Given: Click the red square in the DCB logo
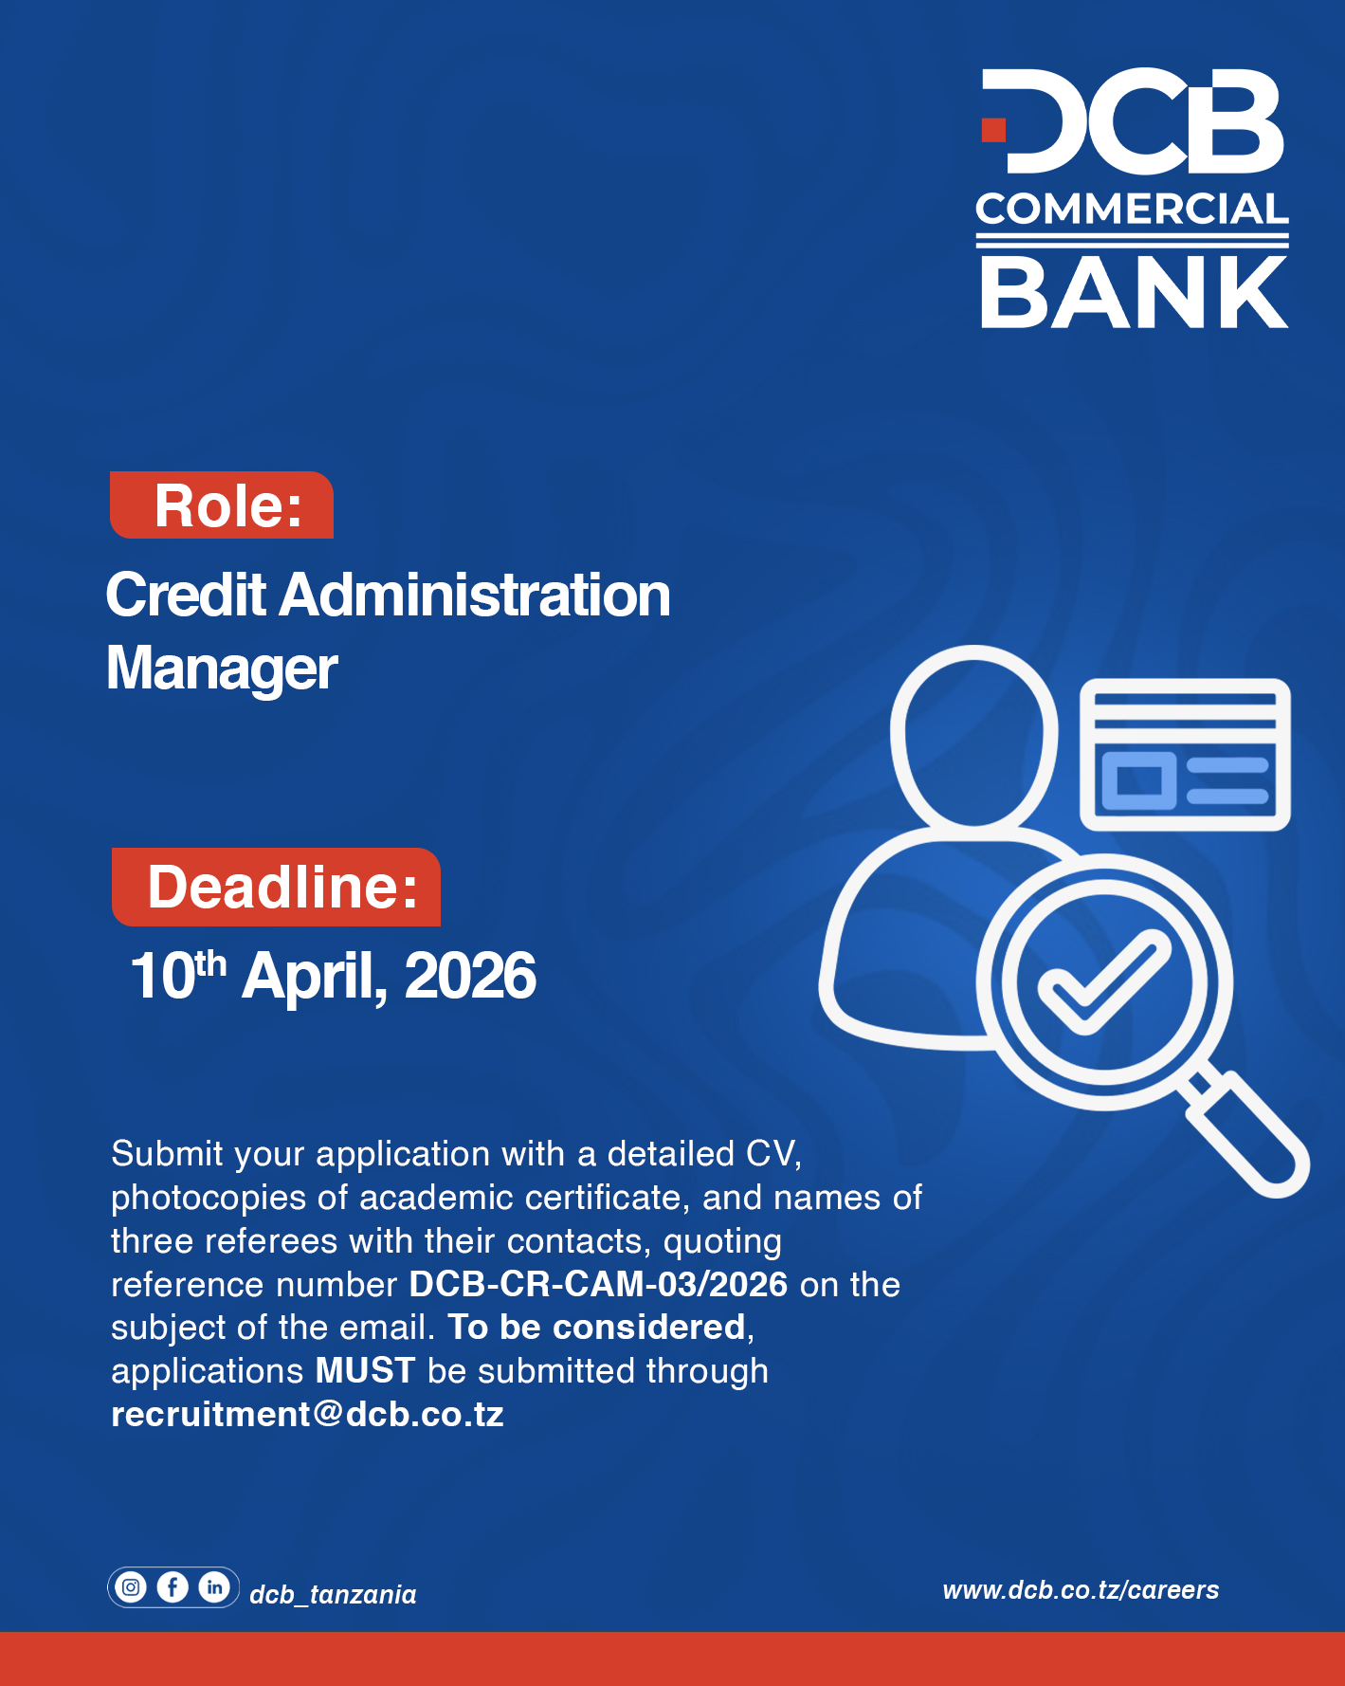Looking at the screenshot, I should [x=993, y=130].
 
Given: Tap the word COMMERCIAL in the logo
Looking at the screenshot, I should [x=1132, y=210].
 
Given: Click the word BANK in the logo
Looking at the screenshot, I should [x=1134, y=292].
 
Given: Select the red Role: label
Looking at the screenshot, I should [x=223, y=505].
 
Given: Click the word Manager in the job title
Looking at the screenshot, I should [x=222, y=669].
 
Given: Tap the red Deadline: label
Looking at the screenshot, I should [x=277, y=888].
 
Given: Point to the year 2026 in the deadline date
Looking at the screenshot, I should [x=470, y=976].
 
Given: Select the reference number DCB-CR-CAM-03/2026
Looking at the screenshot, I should [x=598, y=1284].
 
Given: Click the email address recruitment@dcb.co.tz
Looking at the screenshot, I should [x=307, y=1414].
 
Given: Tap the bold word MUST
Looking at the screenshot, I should [x=365, y=1370].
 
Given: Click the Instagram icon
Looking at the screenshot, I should [x=131, y=1586].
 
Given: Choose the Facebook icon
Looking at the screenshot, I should [x=173, y=1586].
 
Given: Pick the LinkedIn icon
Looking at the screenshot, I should [x=214, y=1586].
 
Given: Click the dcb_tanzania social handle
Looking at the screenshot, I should [x=333, y=1594].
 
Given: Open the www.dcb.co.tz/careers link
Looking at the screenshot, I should [x=1081, y=1590].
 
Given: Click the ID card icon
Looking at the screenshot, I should [x=1185, y=755].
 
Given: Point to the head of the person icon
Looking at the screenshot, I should [x=973, y=735].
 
